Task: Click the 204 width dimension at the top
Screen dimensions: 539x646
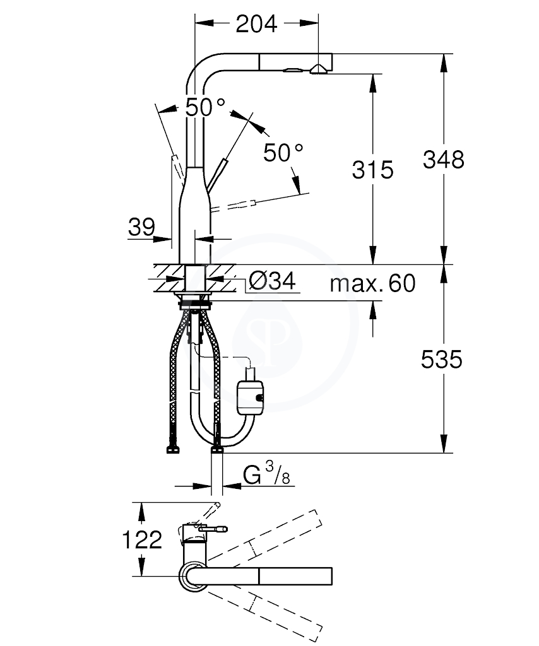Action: (256, 25)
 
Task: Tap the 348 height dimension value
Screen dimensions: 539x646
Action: (444, 160)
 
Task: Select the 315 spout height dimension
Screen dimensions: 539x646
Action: (372, 169)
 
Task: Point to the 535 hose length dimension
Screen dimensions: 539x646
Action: (441, 359)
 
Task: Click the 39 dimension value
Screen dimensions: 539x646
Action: (142, 226)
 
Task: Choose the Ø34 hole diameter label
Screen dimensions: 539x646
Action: (272, 281)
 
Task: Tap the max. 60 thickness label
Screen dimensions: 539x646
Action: (372, 283)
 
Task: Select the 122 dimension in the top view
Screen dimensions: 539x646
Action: (142, 539)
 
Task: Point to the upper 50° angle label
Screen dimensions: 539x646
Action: (204, 107)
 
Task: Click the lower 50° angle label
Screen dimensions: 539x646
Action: (283, 152)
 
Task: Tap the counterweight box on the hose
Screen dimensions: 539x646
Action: (250, 396)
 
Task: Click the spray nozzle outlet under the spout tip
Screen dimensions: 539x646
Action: (318, 69)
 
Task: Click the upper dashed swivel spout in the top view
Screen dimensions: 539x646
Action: (264, 536)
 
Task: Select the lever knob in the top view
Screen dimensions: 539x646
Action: (213, 529)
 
